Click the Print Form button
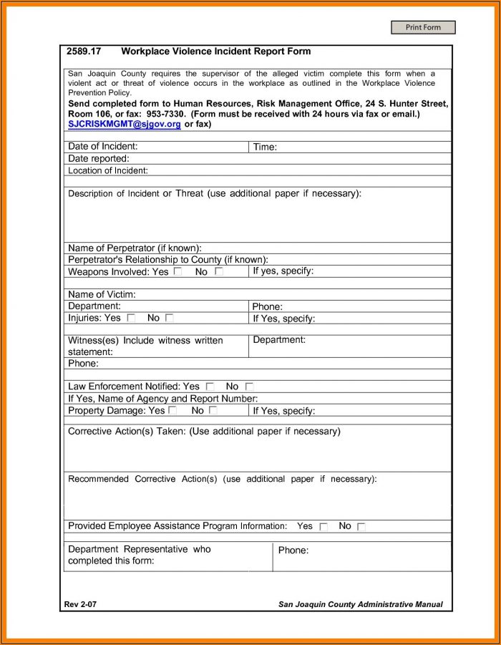point(423,27)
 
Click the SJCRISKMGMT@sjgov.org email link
point(125,124)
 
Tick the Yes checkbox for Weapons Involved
point(177,272)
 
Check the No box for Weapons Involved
point(219,272)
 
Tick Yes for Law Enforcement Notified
point(210,387)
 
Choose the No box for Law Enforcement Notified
point(249,387)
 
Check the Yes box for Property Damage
point(172,411)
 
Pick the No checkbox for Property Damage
point(213,411)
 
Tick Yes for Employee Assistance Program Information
point(324,527)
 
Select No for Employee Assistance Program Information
point(361,527)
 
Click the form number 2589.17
point(84,52)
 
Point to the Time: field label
point(265,147)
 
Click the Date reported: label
point(99,158)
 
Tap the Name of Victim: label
point(102,294)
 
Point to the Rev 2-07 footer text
point(80,605)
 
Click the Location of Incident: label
point(108,170)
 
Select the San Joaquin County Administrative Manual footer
point(360,605)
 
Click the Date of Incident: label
point(103,147)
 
